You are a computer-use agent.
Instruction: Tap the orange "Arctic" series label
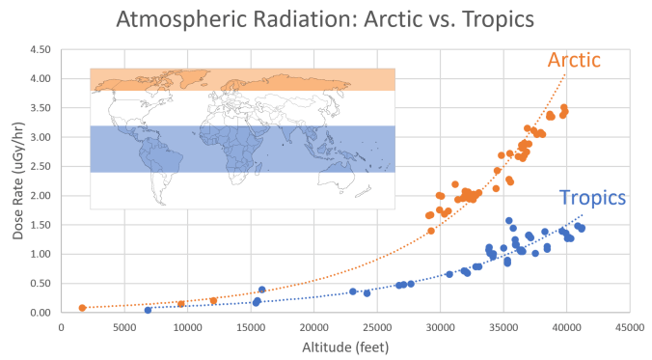coord(574,60)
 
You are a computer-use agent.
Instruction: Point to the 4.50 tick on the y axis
coord(40,49)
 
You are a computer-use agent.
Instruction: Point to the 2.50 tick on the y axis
coord(40,166)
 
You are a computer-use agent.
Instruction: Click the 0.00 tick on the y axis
coord(40,313)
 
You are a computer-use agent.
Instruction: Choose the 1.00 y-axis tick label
coord(40,254)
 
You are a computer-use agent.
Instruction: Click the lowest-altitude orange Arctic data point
coord(83,308)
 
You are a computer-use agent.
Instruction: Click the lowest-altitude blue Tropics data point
coord(148,310)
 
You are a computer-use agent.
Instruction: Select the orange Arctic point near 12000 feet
coord(213,301)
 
